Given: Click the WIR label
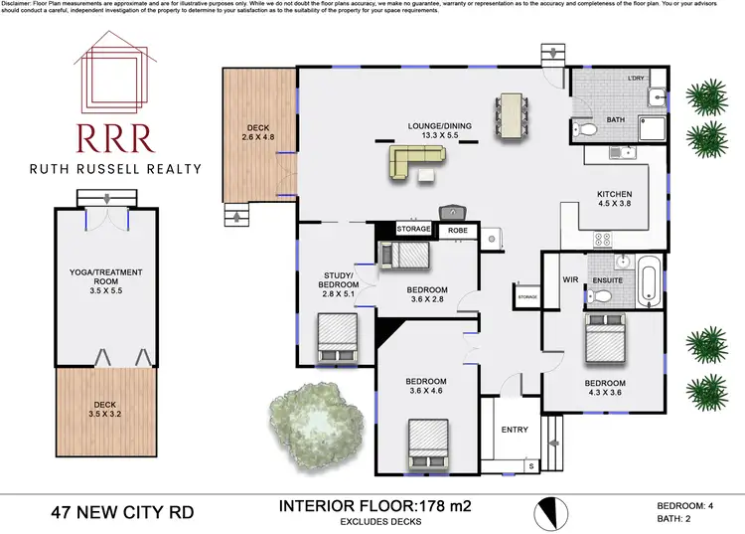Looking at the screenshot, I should click(x=570, y=280).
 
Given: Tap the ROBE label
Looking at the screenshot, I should click(x=458, y=230).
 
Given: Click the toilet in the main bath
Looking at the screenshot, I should click(x=585, y=129).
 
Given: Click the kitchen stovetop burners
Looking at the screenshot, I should click(x=602, y=239).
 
